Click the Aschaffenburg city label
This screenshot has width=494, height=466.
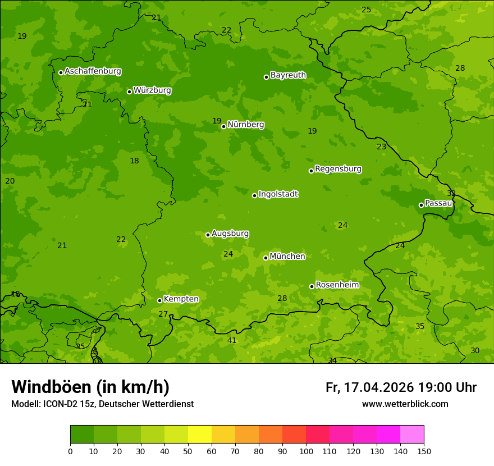93,71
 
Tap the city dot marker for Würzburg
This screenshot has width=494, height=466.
129,92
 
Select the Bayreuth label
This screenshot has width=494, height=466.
288,75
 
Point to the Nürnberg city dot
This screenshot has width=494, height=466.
223,126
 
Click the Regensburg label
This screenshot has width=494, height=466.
338,169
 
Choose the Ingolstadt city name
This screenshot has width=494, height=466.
278,194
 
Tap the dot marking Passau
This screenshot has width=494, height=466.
421,205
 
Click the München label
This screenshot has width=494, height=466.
287,257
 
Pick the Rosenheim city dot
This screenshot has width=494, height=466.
312,286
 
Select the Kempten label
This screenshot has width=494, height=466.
181,299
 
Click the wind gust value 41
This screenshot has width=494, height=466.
232,340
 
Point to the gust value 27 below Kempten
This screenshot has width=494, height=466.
163,314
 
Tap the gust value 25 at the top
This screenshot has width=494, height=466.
366,10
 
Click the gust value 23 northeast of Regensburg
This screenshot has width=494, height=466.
381,147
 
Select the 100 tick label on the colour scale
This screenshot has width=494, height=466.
306,451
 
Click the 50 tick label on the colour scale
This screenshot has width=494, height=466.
188,451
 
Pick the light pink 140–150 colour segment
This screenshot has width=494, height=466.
412,435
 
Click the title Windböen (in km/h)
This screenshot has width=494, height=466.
90,387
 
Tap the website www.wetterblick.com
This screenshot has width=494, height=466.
405,404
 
